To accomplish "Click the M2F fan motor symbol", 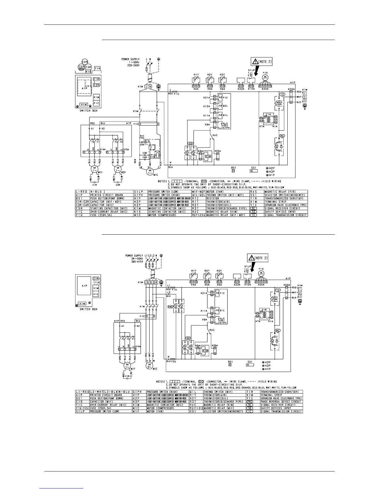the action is pyautogui.click(x=117, y=170).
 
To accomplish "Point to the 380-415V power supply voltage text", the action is pyautogui.click(x=137, y=261).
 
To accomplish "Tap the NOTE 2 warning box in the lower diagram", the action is pyautogui.click(x=257, y=258).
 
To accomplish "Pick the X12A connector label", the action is pyautogui.click(x=207, y=106).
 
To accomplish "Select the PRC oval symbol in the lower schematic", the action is pyautogui.click(x=170, y=306).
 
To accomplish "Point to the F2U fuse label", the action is pyautogui.click(x=173, y=361).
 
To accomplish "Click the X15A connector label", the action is pyautogui.click(x=126, y=150).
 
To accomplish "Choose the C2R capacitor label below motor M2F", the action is pyautogui.click(x=118, y=184).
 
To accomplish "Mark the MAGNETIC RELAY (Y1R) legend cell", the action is pyautogui.click(x=285, y=191).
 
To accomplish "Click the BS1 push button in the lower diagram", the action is pyautogui.click(x=230, y=365).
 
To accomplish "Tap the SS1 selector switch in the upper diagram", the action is pyautogui.click(x=254, y=170).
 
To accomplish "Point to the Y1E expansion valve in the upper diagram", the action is pyautogui.click(x=265, y=77).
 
